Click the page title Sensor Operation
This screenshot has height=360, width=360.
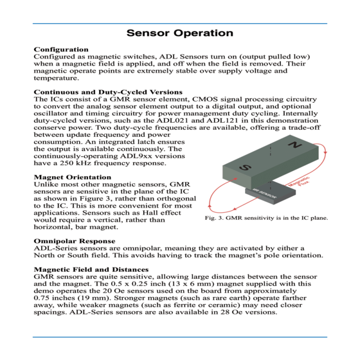[x=180, y=33]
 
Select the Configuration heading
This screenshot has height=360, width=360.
[x=61, y=50]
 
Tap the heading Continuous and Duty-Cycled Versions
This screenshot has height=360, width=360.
[x=108, y=92]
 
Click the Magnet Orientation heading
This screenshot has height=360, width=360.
[x=73, y=177]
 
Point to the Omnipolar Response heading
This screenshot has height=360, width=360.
[x=75, y=241]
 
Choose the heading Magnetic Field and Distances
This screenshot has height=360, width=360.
[x=91, y=269]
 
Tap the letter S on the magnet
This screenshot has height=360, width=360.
[x=245, y=167]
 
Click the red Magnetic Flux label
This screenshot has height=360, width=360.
[x=299, y=182]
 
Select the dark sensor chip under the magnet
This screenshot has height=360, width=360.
[x=271, y=194]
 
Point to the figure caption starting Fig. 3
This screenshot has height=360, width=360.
[x=266, y=218]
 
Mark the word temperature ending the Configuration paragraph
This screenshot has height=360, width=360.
[x=57, y=78]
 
